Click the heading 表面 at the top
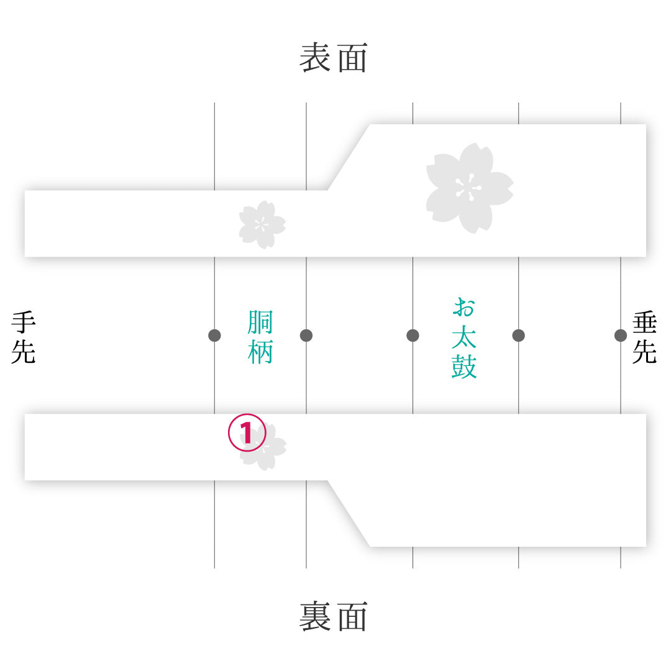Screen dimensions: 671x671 coord(334,57)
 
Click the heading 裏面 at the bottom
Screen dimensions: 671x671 coord(334,616)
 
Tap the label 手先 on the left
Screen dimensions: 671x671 coord(24,337)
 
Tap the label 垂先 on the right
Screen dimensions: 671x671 coord(644,337)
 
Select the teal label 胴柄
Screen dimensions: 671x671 coord(260,337)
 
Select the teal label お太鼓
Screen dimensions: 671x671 coord(464,338)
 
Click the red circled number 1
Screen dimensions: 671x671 coord(247,432)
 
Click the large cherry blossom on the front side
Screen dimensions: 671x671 coord(470,188)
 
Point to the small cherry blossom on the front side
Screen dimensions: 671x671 coord(262,225)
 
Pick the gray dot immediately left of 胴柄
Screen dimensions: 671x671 coord(214,335)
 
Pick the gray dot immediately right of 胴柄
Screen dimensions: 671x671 coord(306,335)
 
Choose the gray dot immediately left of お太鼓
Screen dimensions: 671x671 coord(413,335)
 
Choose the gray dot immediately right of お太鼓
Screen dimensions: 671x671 coord(519,335)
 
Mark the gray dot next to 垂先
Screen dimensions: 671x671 coord(621,335)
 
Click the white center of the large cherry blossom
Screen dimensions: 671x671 coord(468,188)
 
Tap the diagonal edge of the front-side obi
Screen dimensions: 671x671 coord(349,157)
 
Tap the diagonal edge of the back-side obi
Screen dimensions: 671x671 coord(349,514)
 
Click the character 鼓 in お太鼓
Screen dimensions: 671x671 coord(464,367)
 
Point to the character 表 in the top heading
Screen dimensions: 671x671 coord(314,57)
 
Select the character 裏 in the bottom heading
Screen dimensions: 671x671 coord(314,616)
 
